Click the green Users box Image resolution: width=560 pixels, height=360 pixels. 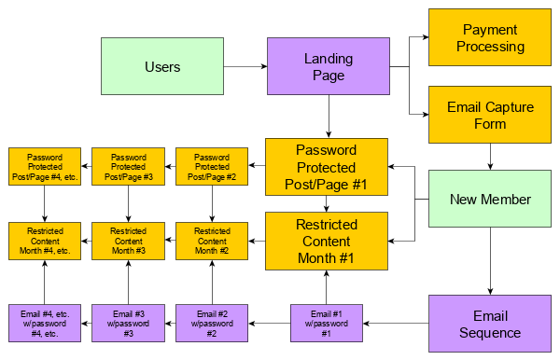click(x=162, y=66)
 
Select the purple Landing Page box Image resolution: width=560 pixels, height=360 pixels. click(x=328, y=66)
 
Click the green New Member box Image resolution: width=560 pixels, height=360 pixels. click(x=490, y=199)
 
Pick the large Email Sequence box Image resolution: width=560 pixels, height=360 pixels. click(x=490, y=324)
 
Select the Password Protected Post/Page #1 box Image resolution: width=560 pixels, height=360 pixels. click(x=326, y=168)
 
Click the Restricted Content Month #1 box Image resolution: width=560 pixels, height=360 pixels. click(x=326, y=241)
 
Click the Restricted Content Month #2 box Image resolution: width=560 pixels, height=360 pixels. click(x=212, y=241)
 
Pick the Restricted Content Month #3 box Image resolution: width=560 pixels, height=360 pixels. click(x=128, y=241)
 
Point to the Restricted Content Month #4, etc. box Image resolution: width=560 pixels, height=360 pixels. click(x=45, y=241)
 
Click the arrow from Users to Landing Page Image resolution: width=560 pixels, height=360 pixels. click(x=245, y=67)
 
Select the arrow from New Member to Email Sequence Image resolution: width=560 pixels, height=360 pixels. click(x=490, y=261)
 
